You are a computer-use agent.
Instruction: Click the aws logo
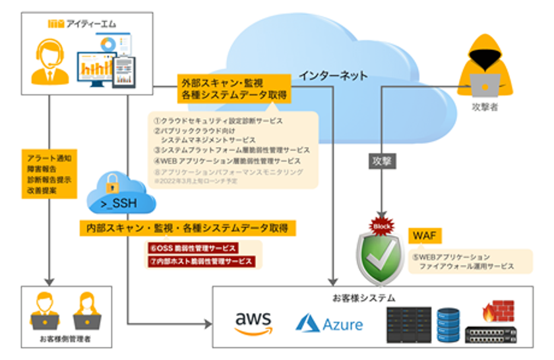click(253, 321)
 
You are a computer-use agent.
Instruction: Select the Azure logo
click(330, 322)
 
